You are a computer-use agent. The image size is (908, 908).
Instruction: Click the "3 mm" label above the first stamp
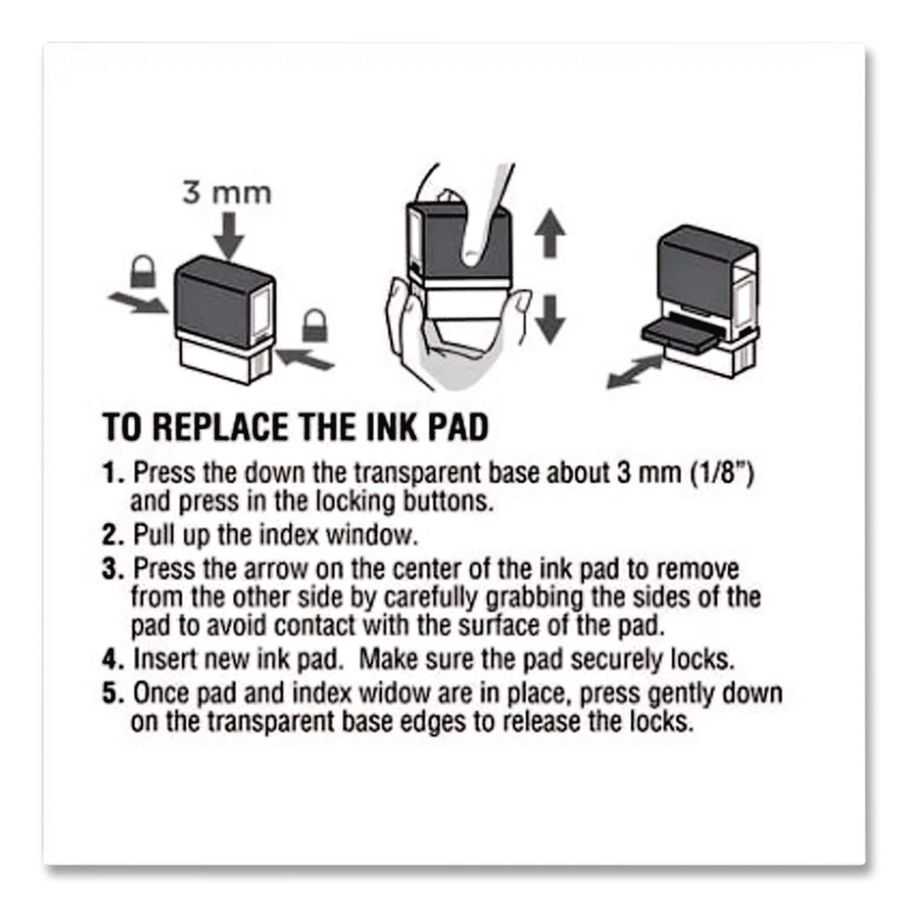click(228, 193)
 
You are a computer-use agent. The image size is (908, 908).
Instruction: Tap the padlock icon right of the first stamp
click(315, 325)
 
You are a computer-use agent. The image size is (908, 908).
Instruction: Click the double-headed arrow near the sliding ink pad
click(635, 371)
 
